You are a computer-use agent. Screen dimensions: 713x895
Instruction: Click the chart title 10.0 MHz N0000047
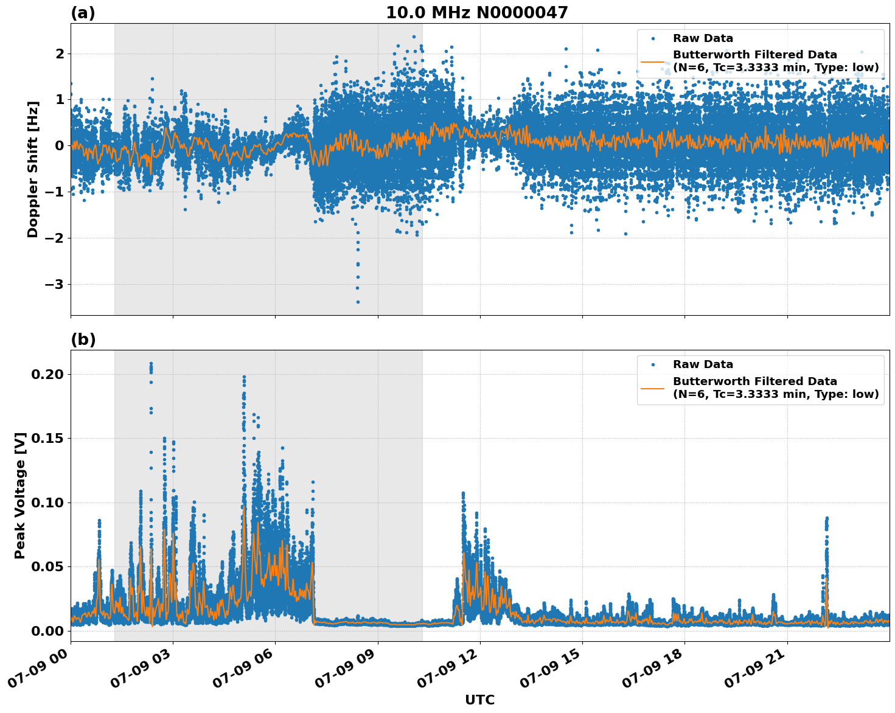click(x=476, y=13)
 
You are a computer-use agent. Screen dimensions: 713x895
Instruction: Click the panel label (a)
click(x=83, y=13)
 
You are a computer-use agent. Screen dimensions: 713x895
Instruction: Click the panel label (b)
click(x=83, y=339)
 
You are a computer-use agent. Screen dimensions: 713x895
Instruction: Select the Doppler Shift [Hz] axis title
click(x=33, y=169)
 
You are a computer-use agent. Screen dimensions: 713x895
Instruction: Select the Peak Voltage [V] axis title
click(x=20, y=495)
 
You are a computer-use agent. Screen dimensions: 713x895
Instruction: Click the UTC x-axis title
click(x=479, y=700)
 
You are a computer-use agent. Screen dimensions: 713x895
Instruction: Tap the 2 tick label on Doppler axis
click(x=60, y=54)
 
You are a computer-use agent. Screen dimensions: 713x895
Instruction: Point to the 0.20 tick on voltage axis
click(x=47, y=374)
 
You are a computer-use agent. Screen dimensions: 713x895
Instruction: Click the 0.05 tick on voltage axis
click(x=47, y=566)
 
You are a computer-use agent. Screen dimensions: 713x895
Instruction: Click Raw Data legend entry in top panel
click(x=703, y=38)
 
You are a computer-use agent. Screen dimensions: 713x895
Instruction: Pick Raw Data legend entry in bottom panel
click(x=703, y=364)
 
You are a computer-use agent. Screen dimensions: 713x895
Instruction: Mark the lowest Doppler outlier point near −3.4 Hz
click(x=358, y=302)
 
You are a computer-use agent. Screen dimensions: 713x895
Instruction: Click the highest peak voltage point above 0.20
click(x=151, y=364)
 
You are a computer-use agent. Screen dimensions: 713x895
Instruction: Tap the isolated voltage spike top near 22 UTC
click(x=826, y=518)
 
